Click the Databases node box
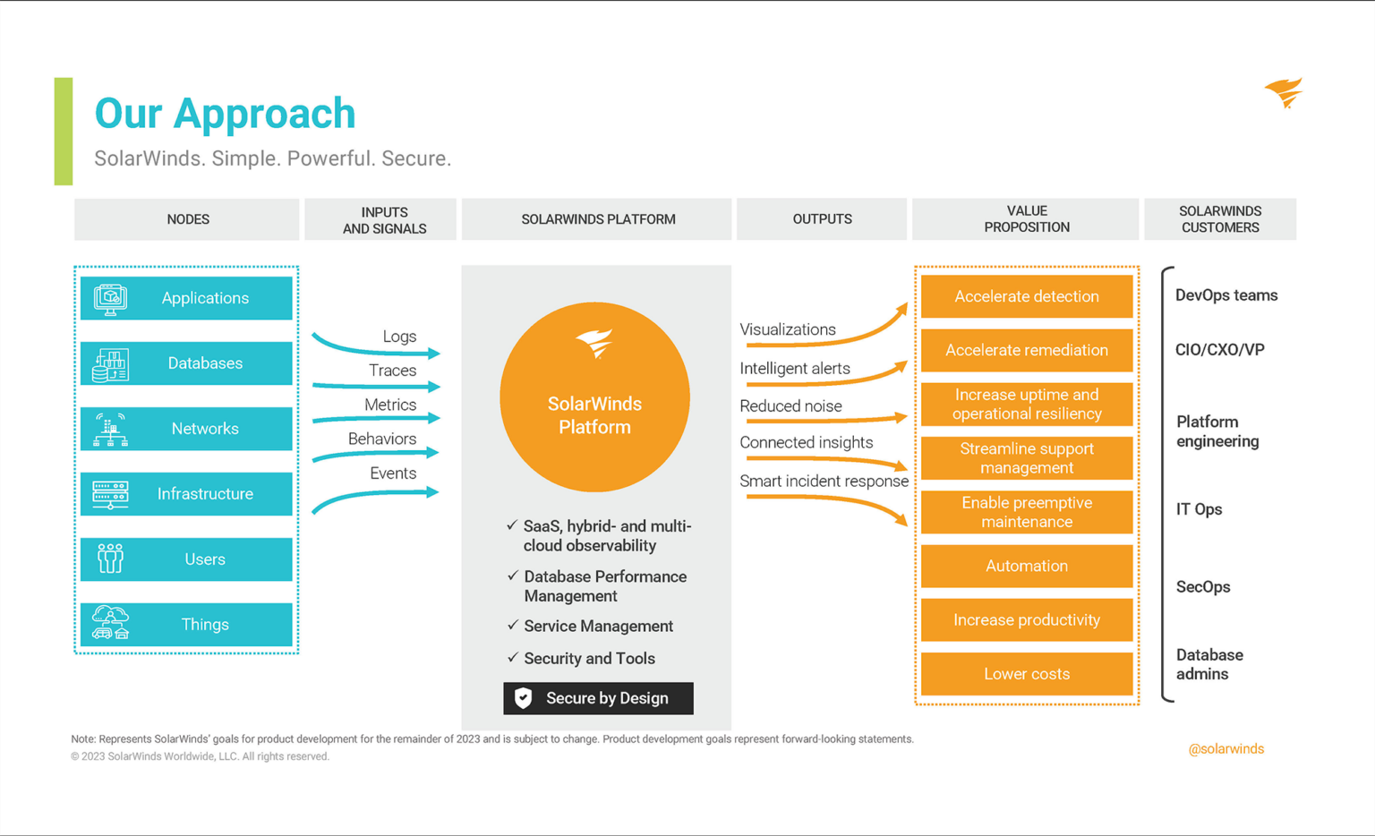(186, 363)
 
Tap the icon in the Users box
(110, 559)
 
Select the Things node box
(186, 625)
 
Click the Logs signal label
(399, 337)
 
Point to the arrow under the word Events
(376, 497)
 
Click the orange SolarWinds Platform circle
(594, 397)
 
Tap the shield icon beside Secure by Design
(524, 698)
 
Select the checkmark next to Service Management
(513, 625)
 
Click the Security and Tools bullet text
(589, 659)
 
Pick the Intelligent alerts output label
(795, 369)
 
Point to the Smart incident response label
(824, 482)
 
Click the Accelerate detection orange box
(1026, 296)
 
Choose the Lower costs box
(1026, 674)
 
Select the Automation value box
(1026, 566)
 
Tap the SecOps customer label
(1202, 587)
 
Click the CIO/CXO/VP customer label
(1219, 350)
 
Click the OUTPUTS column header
(822, 219)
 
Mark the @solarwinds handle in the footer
(1226, 749)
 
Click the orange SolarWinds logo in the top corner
(1284, 92)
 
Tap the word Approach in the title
(264, 114)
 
